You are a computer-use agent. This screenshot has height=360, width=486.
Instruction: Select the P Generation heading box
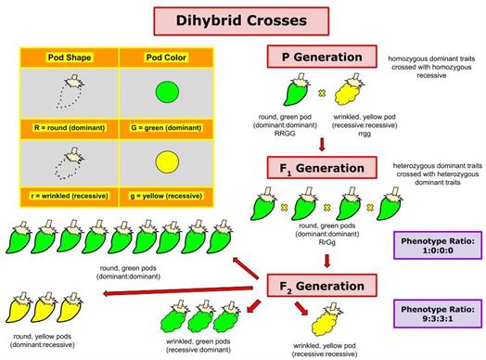pos(322,57)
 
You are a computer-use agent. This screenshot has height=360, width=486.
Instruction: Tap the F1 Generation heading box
pos(322,169)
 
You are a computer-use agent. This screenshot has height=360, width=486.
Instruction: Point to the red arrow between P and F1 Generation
pos(322,144)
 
